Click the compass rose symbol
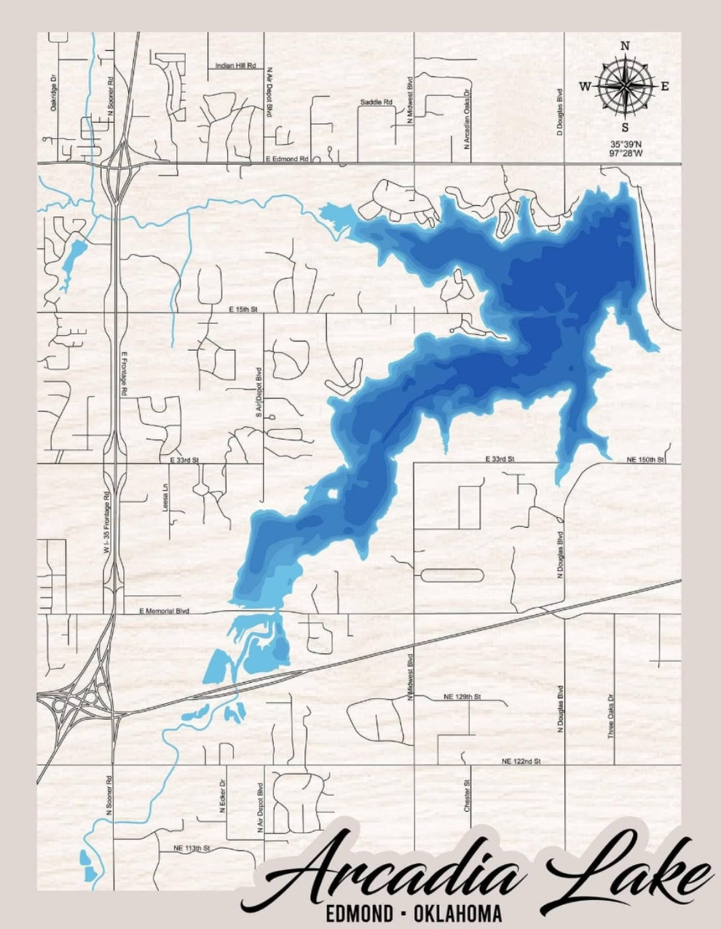(x=625, y=86)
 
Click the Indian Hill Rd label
(x=236, y=66)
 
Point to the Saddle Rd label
(x=377, y=102)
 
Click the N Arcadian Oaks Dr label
(x=467, y=115)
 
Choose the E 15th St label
(x=243, y=309)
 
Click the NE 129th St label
(x=462, y=697)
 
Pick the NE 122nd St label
(x=521, y=761)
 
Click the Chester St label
(x=467, y=796)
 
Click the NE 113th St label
(x=192, y=849)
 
